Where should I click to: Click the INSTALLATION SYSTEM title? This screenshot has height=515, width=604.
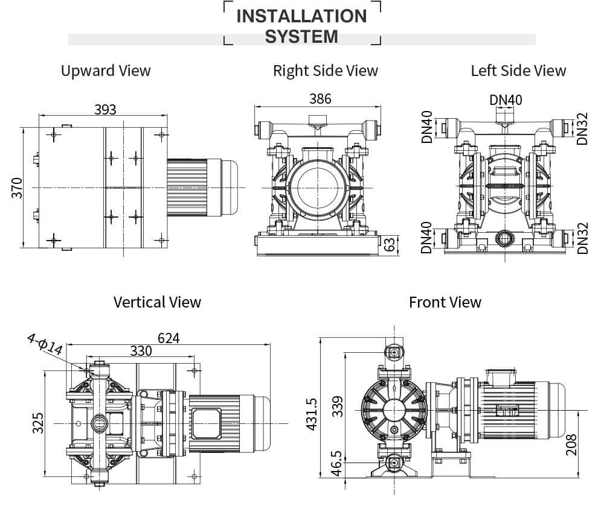[301, 26]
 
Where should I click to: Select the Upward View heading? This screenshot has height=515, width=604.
[106, 71]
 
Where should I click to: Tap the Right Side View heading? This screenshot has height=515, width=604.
[325, 71]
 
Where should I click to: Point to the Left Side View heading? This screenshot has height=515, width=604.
[518, 71]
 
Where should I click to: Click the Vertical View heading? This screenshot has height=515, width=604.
[157, 302]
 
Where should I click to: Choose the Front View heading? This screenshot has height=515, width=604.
[445, 302]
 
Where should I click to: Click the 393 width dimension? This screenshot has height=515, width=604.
[105, 109]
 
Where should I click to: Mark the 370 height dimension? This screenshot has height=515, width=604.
[17, 188]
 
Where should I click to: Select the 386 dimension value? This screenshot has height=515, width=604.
[320, 98]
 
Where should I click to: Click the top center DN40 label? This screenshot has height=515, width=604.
[506, 100]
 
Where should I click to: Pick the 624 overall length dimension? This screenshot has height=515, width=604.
[169, 338]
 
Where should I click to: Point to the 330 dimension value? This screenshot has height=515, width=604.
[140, 351]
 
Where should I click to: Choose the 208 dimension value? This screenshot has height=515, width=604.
[572, 444]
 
